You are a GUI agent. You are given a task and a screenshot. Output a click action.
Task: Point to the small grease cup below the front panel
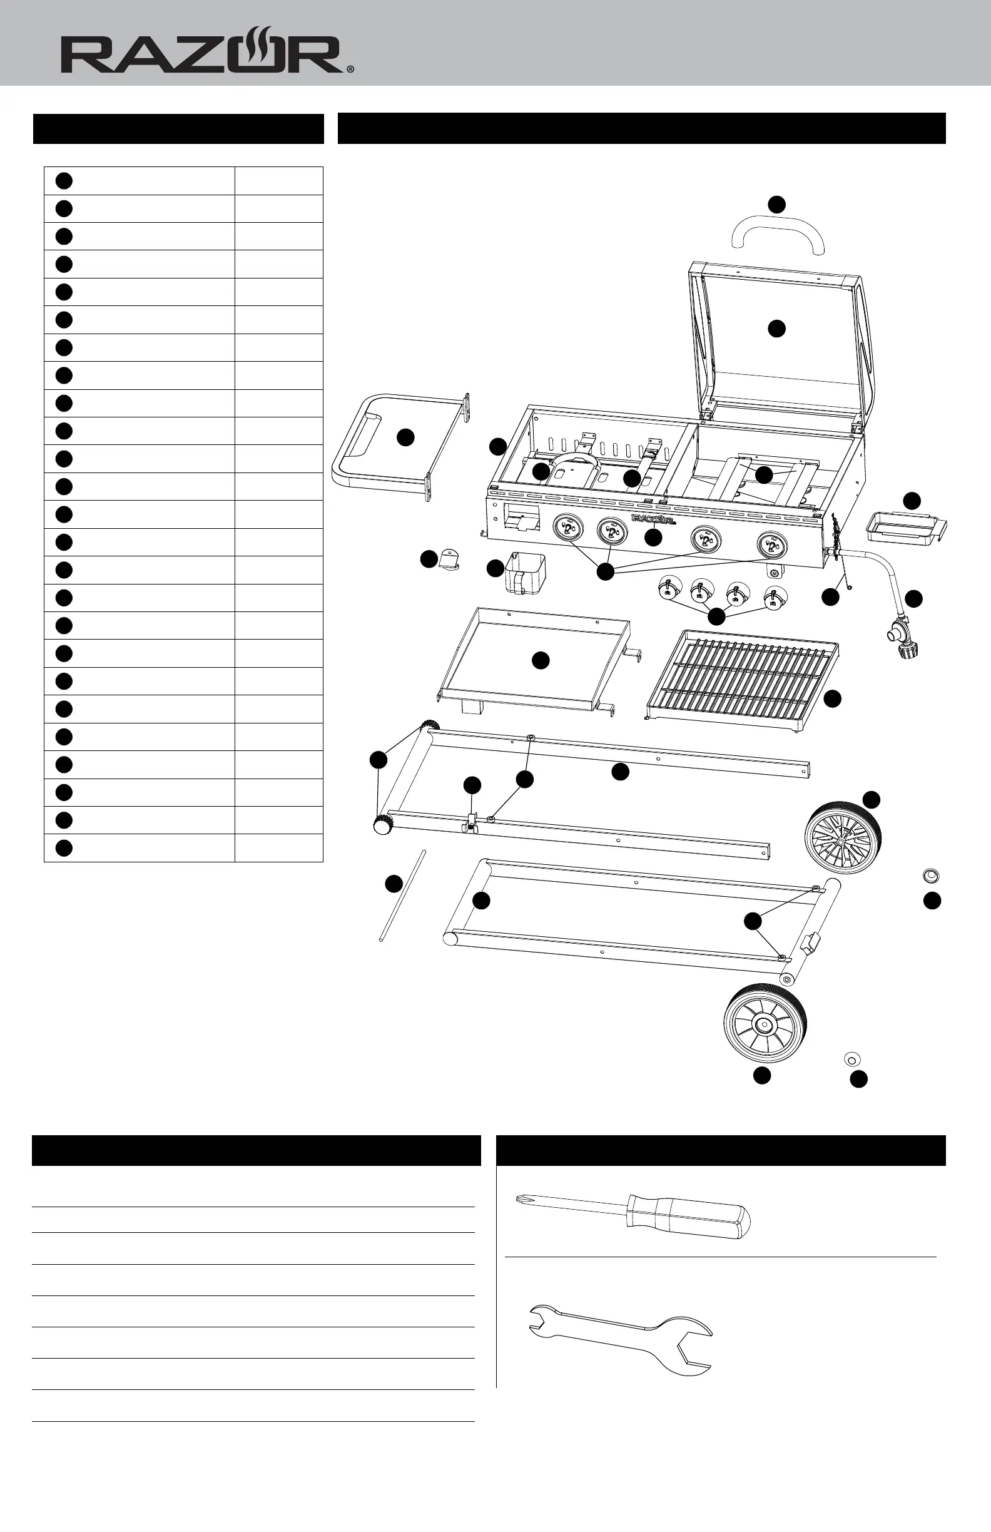point(524,571)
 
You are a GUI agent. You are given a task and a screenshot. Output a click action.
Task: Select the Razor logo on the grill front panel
point(653,518)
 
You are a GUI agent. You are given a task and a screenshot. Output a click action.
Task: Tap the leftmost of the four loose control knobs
point(669,589)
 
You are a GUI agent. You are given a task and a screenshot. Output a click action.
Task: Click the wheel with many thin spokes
point(841,837)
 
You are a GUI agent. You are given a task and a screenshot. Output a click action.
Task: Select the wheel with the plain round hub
point(765,1023)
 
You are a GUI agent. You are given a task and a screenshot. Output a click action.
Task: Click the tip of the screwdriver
point(519,1198)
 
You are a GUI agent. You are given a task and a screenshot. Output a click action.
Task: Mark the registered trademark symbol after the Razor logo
point(350,69)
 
